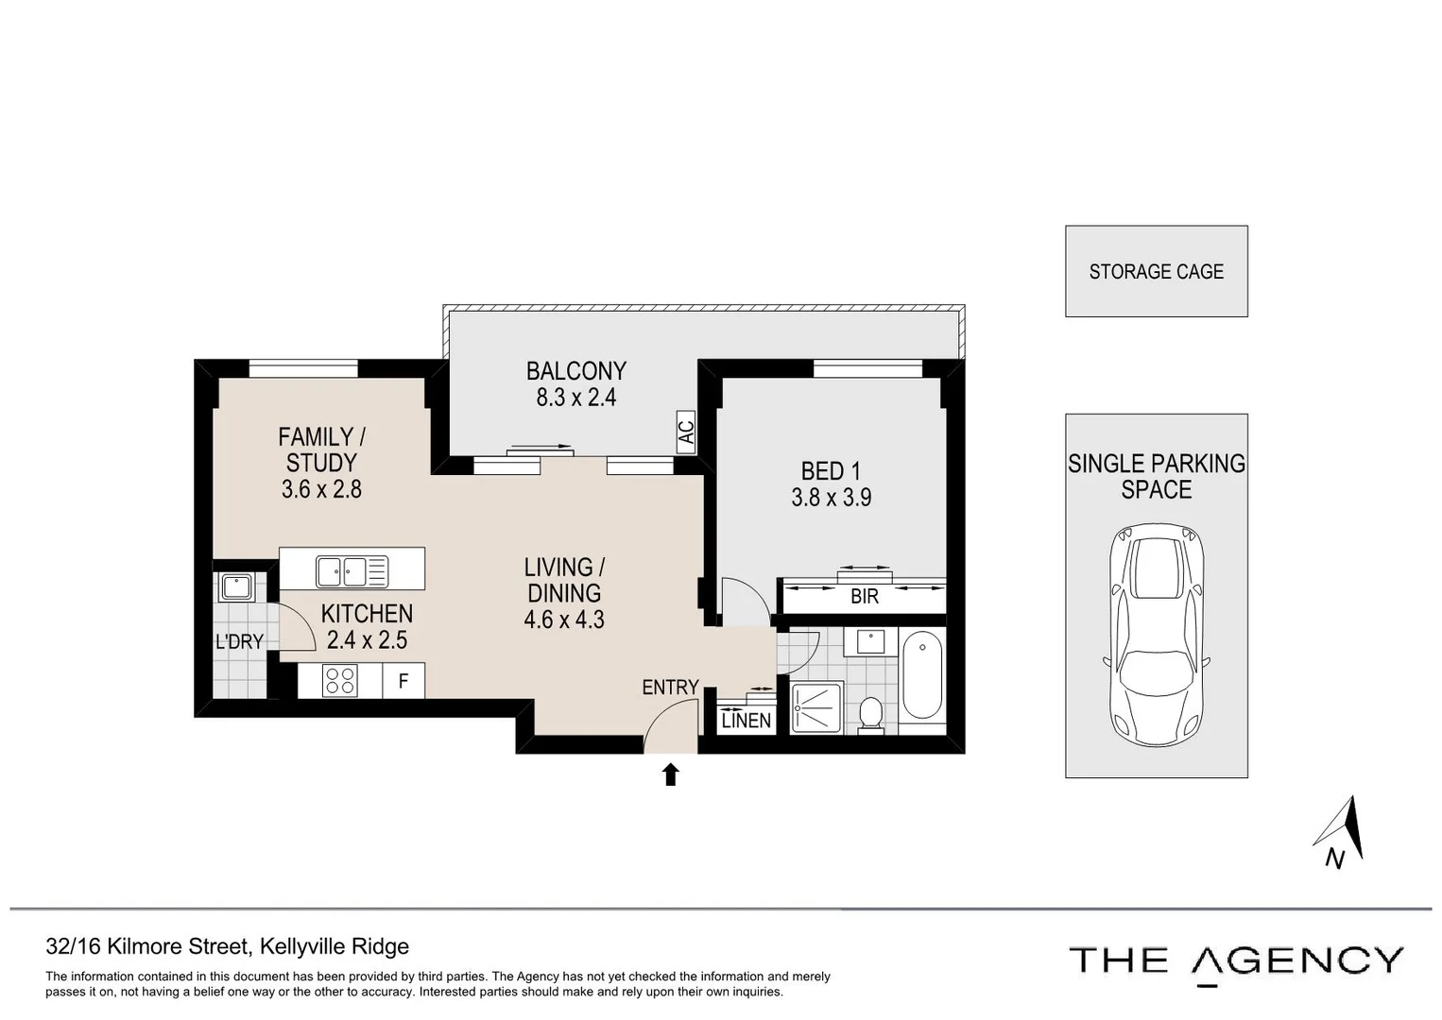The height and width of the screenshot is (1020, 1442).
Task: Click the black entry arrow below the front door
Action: point(671,774)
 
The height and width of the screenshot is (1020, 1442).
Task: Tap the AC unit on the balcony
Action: point(687,433)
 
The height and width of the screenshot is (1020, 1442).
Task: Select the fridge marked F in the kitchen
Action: point(403,681)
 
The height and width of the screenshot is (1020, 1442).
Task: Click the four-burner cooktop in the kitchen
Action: point(340,681)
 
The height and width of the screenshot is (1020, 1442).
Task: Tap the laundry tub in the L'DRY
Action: point(235,587)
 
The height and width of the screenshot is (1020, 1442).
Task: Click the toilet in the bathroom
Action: point(870,714)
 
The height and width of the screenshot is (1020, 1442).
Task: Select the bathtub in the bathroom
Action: point(921,675)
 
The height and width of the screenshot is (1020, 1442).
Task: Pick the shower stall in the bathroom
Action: point(815,707)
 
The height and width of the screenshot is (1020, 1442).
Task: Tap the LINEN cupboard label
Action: point(746,721)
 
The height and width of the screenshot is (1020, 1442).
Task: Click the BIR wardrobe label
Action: point(864,597)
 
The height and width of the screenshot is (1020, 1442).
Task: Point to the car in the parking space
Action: point(1157,636)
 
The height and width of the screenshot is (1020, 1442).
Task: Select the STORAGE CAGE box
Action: point(1156,271)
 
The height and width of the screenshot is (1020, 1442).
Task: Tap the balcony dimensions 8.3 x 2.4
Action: point(575,398)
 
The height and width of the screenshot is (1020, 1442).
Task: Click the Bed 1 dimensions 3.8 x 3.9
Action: point(831,498)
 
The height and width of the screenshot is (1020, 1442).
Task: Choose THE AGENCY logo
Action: point(1235,961)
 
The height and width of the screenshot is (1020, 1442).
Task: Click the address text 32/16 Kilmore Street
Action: point(227,946)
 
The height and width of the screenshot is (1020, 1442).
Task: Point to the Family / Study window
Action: point(303,368)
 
